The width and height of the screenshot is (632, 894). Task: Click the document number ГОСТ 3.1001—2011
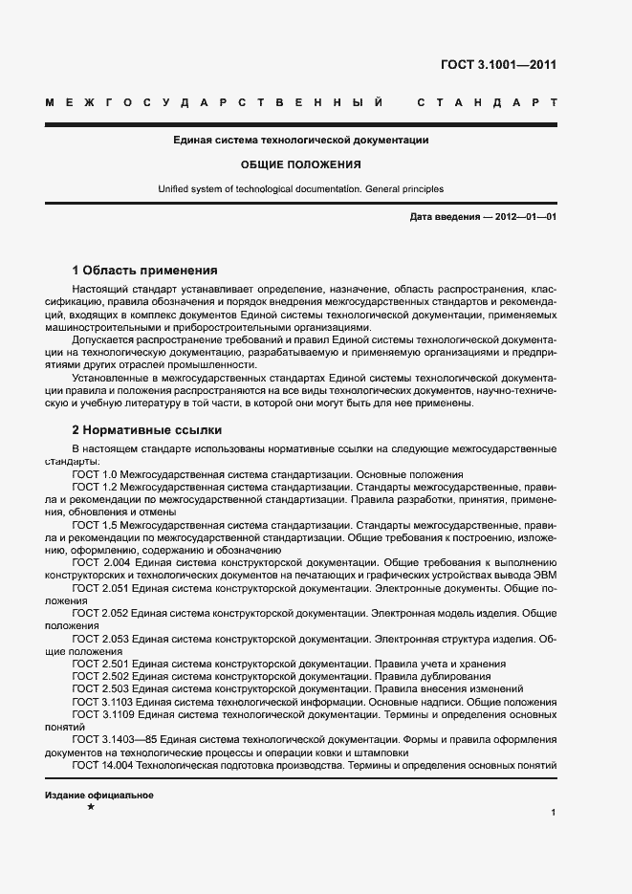point(498,66)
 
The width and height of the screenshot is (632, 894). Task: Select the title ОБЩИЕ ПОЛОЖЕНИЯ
point(300,164)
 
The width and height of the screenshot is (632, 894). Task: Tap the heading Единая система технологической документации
point(300,141)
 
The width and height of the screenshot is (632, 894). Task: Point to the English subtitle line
point(300,189)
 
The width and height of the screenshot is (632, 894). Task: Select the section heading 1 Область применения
point(144,271)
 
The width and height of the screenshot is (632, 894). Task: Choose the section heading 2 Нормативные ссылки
point(146,429)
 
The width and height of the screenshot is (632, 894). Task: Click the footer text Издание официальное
point(99,796)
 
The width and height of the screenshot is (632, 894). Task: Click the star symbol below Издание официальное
point(91,809)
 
